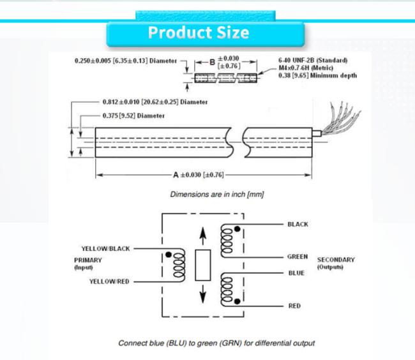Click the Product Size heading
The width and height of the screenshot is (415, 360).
tap(199, 33)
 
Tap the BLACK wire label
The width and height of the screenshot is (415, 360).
tap(298, 224)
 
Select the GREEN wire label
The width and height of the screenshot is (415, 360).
tap(298, 257)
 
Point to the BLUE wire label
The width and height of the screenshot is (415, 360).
tap(296, 273)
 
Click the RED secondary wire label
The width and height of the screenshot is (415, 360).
tap(294, 306)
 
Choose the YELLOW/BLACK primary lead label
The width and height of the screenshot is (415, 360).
tap(105, 249)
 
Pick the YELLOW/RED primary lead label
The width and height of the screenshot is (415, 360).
tap(109, 281)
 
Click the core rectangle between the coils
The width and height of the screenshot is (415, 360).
tap(203, 265)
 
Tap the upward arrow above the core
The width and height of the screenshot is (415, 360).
tap(203, 236)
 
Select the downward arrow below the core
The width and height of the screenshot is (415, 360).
tap(203, 294)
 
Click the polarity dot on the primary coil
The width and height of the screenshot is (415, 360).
tap(169, 255)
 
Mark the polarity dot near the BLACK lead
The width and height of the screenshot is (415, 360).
tap(238, 229)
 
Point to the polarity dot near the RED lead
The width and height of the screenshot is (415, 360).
tap(237, 301)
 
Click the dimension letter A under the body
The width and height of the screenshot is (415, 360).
tap(176, 175)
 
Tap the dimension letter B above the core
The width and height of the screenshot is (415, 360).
tap(212, 63)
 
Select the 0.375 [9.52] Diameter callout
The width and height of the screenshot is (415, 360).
tap(133, 116)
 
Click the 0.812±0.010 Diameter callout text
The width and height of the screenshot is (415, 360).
tap(155, 102)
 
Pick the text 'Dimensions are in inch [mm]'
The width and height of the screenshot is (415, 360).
tap(217, 195)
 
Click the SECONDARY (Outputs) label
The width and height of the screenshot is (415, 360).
tap(336, 263)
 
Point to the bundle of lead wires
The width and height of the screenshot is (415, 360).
tap(342, 119)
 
